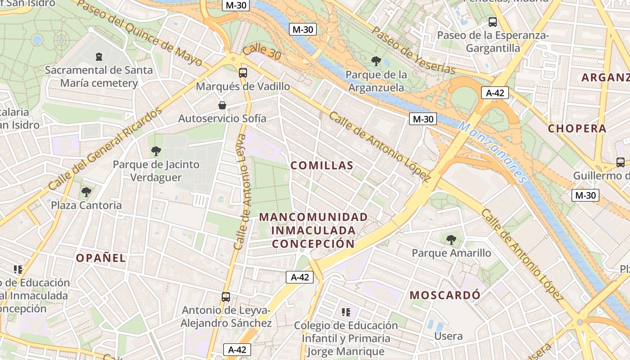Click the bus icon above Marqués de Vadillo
click(x=243, y=72)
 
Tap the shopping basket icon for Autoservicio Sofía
click(x=222, y=105)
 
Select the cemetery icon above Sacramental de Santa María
click(x=99, y=57)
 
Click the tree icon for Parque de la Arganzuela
click(x=376, y=61)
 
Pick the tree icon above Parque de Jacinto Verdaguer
click(x=156, y=151)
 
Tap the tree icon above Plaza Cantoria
click(x=86, y=192)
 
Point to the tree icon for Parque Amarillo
click(x=451, y=240)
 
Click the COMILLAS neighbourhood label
click(x=322, y=166)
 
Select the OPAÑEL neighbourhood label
click(x=101, y=258)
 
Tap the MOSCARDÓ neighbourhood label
click(x=445, y=295)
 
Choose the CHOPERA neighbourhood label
click(x=577, y=129)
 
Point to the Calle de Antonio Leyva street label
click(x=243, y=192)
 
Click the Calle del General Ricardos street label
click(x=105, y=149)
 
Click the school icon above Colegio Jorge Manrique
click(x=346, y=312)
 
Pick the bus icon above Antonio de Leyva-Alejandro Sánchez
click(x=226, y=297)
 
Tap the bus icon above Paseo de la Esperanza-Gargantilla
click(x=493, y=22)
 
